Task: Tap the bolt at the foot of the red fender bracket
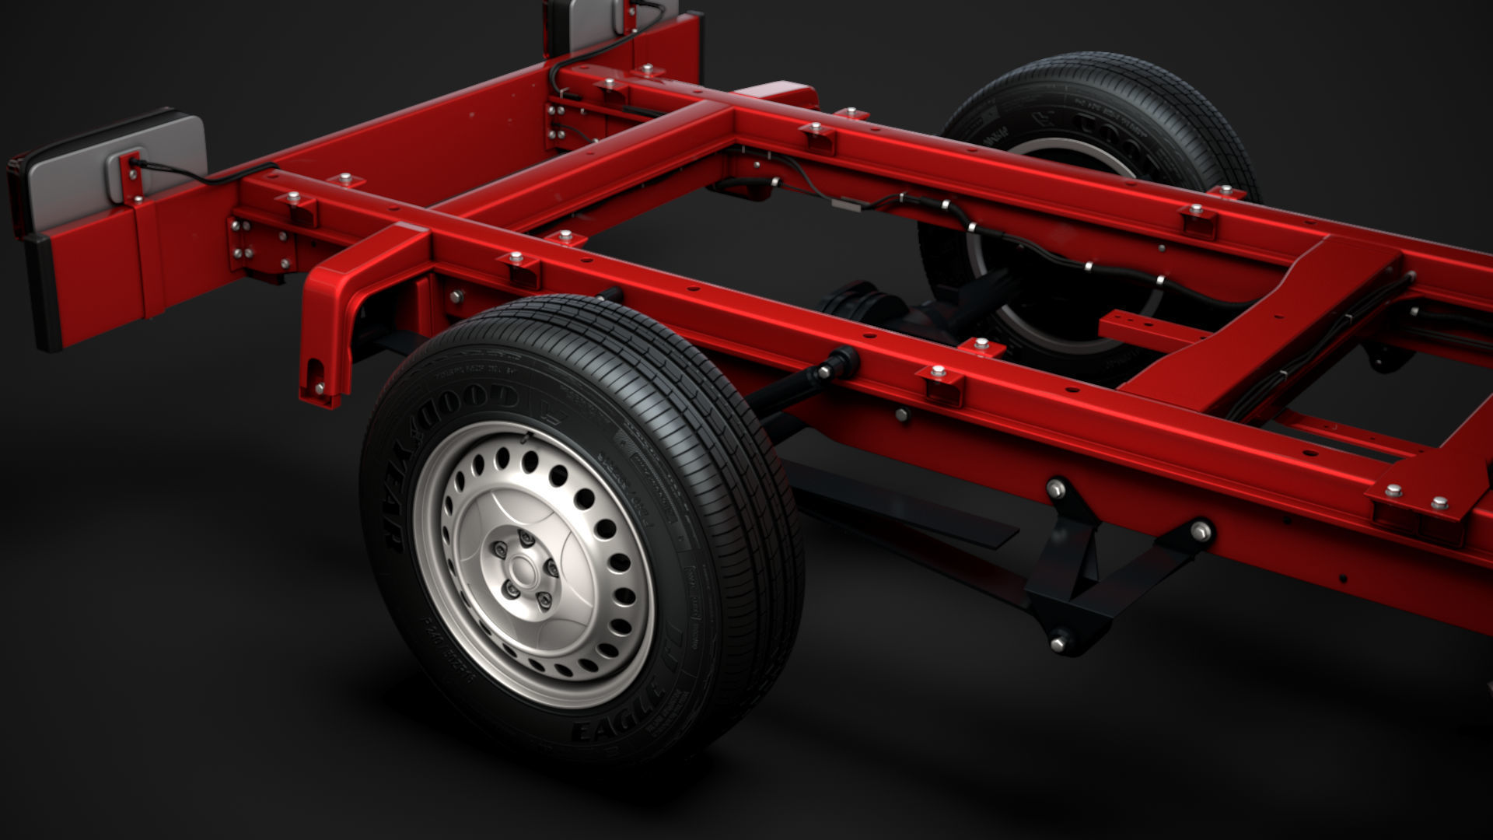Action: coord(320,387)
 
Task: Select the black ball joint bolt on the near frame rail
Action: coord(844,362)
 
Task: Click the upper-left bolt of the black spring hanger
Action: coord(1056,488)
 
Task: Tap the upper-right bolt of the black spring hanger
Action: coord(1201,531)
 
